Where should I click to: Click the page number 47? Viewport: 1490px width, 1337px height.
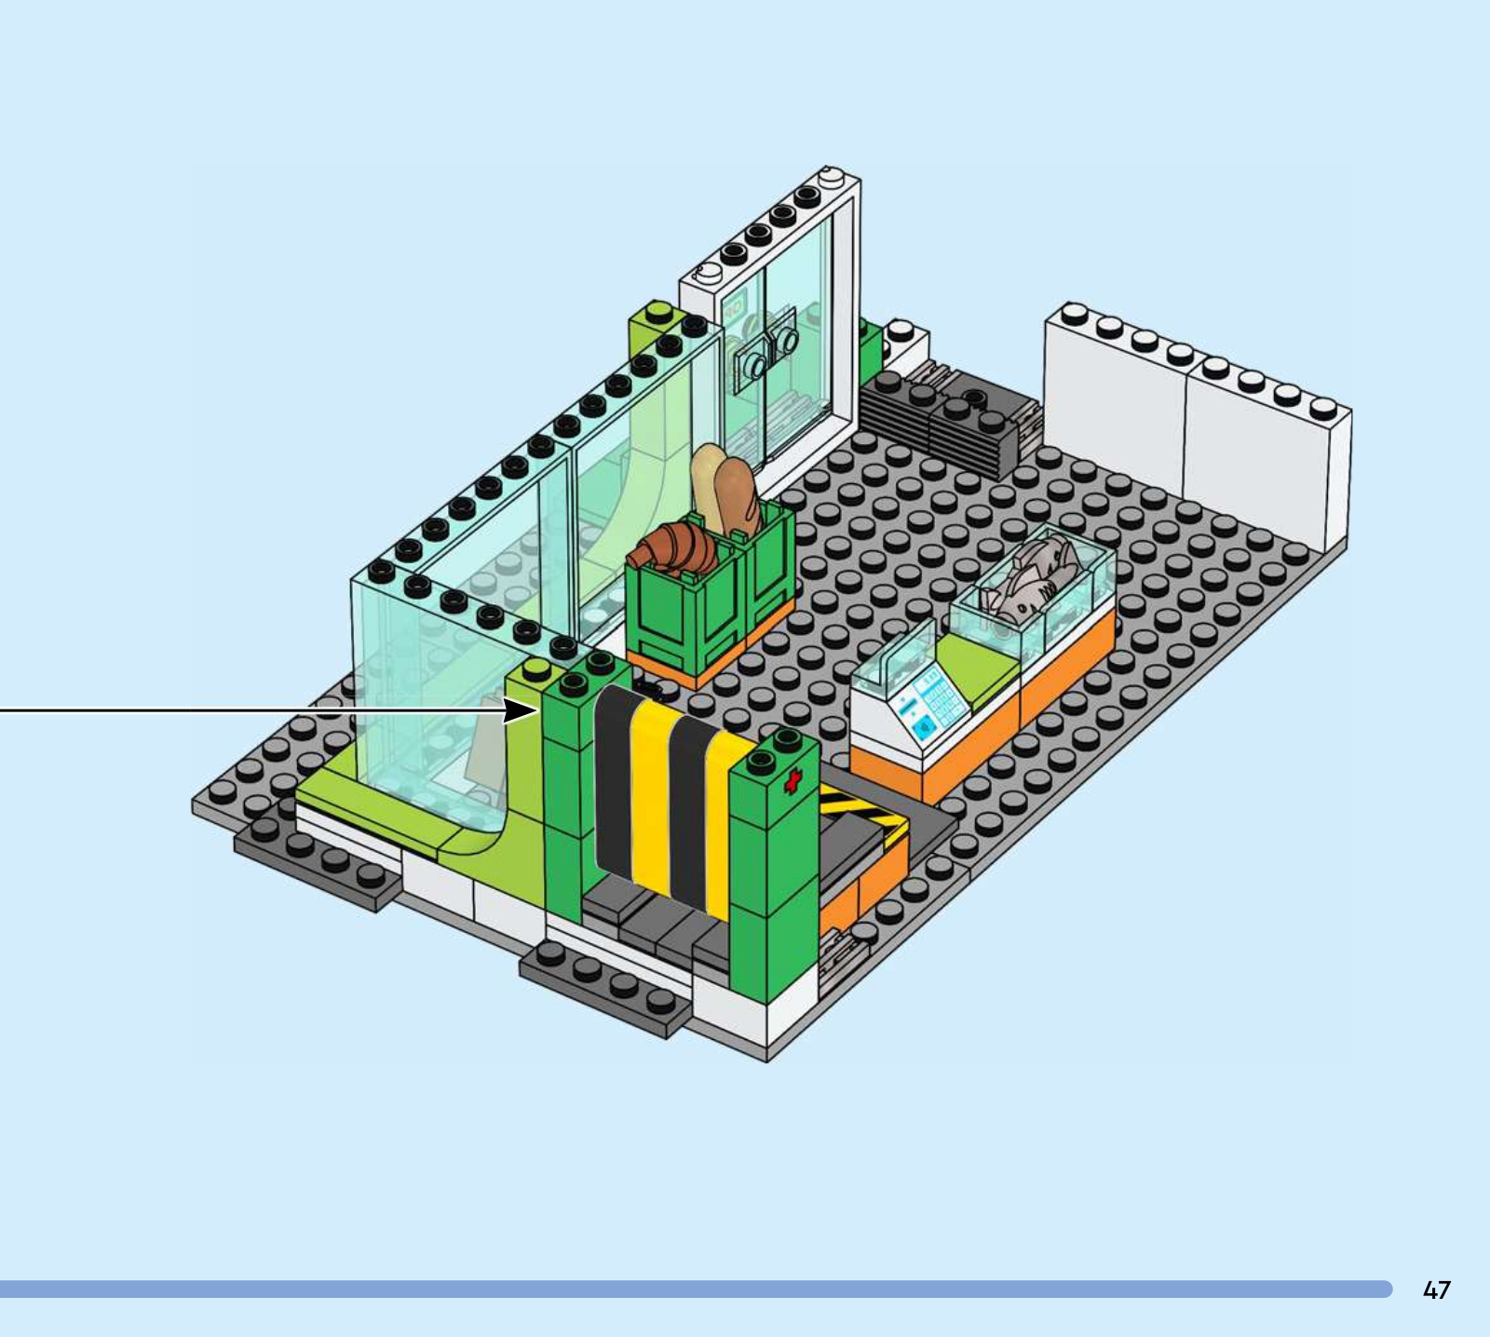pos(1436,1290)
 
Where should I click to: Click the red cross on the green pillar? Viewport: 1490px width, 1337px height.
pos(793,781)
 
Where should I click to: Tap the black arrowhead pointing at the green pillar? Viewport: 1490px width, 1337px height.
pos(521,711)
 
